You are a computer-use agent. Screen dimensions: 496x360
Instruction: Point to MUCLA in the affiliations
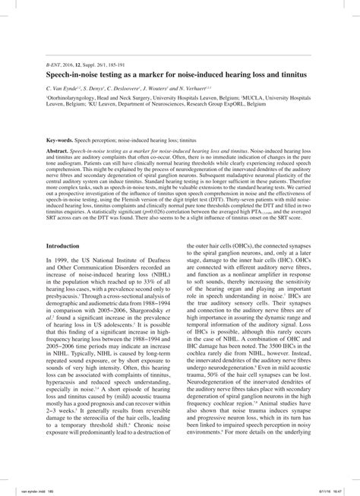click(248, 99)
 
